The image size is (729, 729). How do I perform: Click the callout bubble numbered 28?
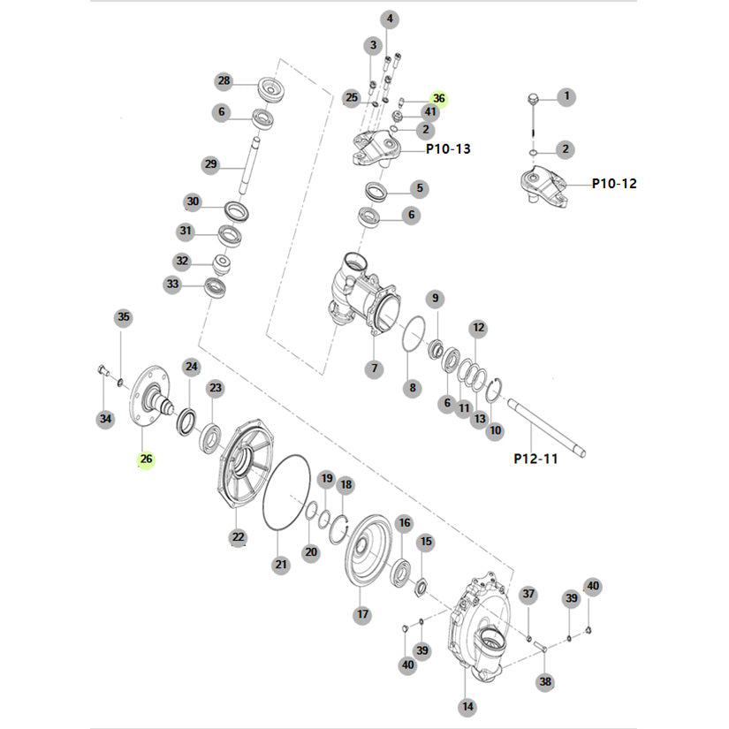coord(224,81)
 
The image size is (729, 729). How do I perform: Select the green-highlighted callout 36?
coord(439,99)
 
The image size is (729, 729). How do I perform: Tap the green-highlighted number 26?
coord(146,459)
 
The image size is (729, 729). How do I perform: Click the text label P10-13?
coord(448,149)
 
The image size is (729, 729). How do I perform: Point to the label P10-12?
coord(614,184)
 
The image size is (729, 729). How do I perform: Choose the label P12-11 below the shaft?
coord(535,459)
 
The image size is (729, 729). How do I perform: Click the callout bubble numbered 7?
coord(375,368)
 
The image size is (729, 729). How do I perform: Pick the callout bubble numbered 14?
coord(467,707)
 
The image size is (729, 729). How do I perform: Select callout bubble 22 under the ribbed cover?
coord(238,536)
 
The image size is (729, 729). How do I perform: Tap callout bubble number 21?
coord(281,565)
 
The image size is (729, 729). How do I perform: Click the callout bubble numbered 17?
coord(361,614)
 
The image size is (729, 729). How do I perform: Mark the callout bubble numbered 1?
coord(566,95)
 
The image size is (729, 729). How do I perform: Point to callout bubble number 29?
coord(210,164)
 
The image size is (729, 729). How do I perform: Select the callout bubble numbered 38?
coord(545,682)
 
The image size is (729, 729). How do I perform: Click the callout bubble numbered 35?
coord(124,317)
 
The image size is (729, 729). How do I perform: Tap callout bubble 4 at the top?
coord(390,19)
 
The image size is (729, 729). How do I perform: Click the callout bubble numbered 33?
coord(172,285)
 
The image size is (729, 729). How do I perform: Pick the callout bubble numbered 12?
coord(478,328)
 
